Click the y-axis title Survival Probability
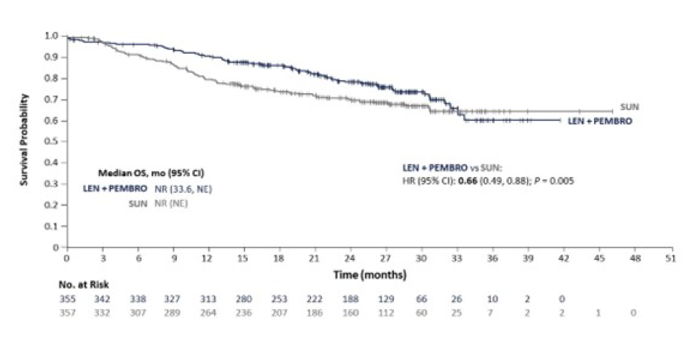pyautogui.click(x=25, y=140)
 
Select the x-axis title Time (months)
pyautogui.click(x=370, y=275)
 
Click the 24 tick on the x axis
pyautogui.click(x=350, y=258)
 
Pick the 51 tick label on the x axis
pyautogui.click(x=670, y=258)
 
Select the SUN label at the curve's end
pyautogui.click(x=629, y=107)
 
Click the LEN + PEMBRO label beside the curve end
pyautogui.click(x=600, y=121)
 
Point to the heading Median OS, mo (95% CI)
pyautogui.click(x=151, y=173)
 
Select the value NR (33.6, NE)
pyautogui.click(x=183, y=189)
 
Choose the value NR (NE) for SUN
pyautogui.click(x=171, y=204)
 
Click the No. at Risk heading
pyautogui.click(x=84, y=285)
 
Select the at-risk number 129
pyautogui.click(x=385, y=299)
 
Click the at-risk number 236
pyautogui.click(x=244, y=313)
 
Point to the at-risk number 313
pyautogui.click(x=208, y=299)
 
